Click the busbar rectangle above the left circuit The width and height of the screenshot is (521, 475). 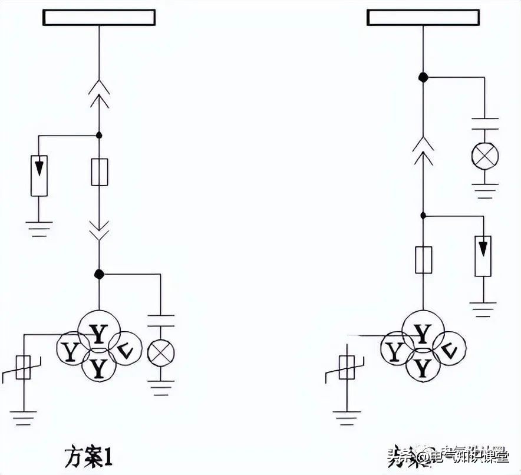click(x=99, y=18)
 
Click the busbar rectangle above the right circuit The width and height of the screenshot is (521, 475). click(x=423, y=18)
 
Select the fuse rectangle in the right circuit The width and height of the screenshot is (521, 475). click(x=423, y=260)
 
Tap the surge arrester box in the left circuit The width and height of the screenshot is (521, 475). click(x=39, y=175)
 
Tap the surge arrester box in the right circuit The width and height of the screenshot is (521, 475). click(x=483, y=255)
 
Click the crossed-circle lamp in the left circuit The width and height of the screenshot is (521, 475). click(x=160, y=352)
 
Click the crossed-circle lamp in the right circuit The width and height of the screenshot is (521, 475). click(x=484, y=156)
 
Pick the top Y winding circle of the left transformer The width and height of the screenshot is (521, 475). click(x=99, y=334)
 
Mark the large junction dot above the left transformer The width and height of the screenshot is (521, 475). click(x=99, y=274)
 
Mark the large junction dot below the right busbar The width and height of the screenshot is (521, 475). click(x=423, y=77)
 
